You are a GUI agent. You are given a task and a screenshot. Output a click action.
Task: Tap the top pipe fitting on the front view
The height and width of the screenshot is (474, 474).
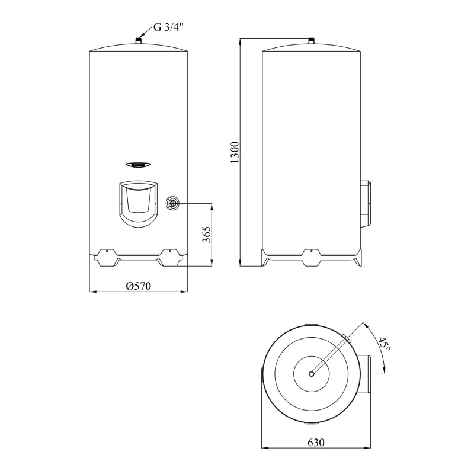pos(137,41)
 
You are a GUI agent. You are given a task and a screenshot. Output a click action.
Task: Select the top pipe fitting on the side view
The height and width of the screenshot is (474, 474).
pos(311,41)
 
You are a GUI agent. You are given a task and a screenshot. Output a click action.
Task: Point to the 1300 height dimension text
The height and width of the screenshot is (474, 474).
pos(235,152)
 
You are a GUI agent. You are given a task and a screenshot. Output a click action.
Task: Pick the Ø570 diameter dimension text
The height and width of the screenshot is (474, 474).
pos(139,286)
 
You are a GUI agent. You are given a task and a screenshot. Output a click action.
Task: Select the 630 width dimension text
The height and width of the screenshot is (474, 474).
pos(316,443)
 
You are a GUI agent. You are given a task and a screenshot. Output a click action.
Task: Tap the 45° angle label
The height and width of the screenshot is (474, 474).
pos(384,344)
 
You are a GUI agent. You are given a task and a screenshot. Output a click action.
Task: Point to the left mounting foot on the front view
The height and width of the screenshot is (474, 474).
pos(104,255)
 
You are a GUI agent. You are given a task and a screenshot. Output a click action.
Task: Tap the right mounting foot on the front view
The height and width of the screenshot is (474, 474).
pos(171,255)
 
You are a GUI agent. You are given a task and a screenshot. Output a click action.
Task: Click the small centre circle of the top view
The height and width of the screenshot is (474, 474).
pos(311,374)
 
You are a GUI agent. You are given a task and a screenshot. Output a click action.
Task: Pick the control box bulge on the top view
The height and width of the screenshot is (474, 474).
pos(366,374)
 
